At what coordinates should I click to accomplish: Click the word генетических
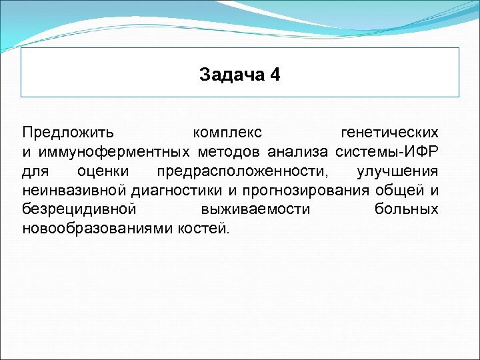[389, 132]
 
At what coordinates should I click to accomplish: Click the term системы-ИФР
[387, 151]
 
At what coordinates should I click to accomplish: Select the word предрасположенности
[243, 171]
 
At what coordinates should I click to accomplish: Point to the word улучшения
[397, 171]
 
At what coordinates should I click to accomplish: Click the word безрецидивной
[79, 209]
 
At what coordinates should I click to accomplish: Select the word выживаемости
[255, 209]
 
